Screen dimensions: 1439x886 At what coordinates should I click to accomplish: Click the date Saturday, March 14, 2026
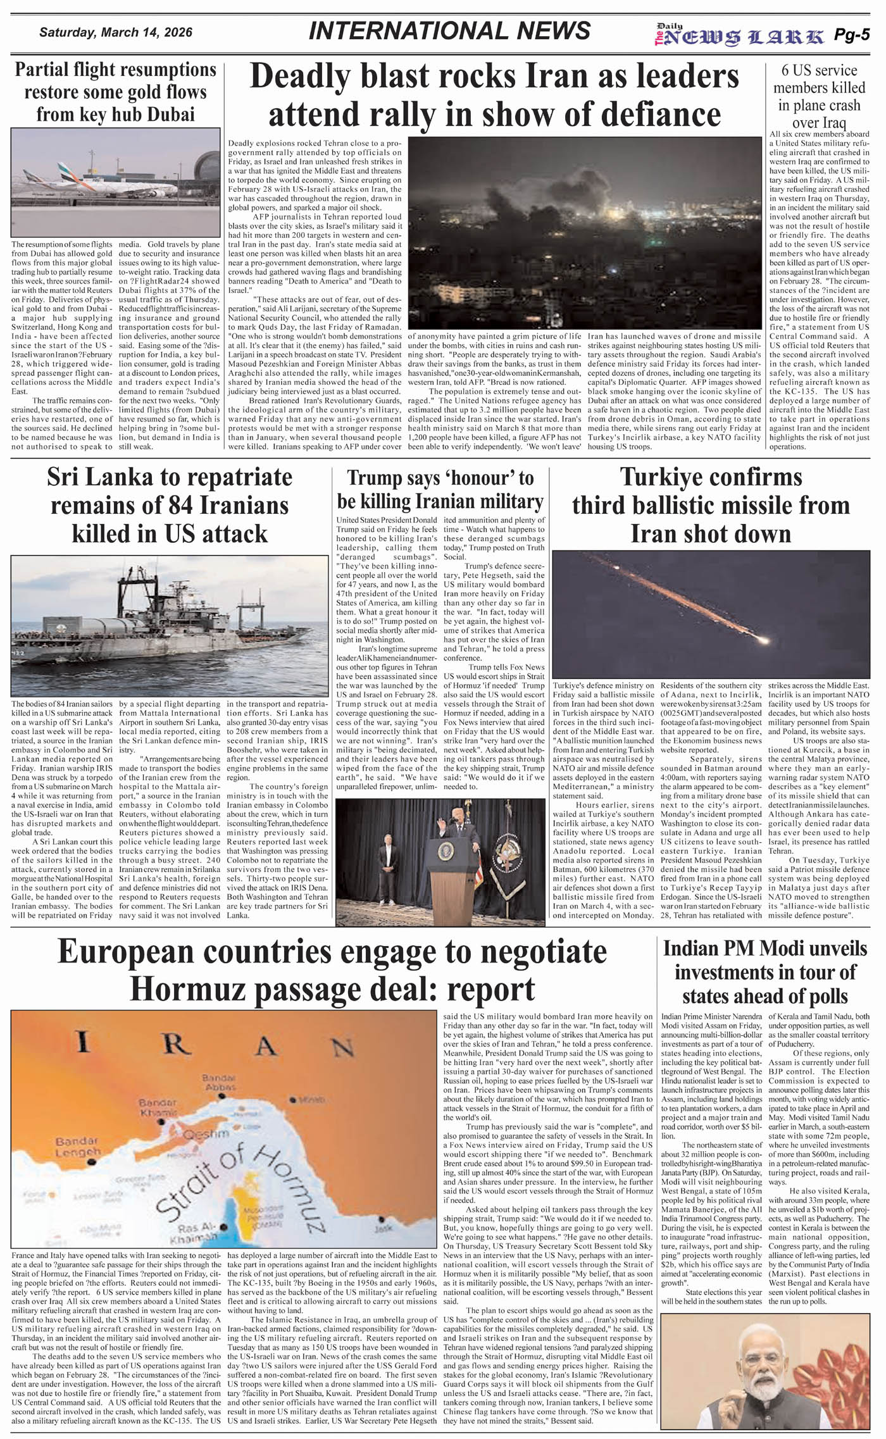(x=116, y=32)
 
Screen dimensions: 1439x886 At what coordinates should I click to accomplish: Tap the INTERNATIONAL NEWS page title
(x=449, y=31)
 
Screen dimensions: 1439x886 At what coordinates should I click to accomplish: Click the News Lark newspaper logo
(x=740, y=36)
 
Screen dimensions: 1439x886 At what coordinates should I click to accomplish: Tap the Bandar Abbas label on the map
(x=219, y=1083)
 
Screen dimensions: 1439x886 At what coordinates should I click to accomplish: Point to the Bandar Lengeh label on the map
(x=77, y=1146)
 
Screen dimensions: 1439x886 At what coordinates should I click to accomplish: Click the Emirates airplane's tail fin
(x=66, y=170)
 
